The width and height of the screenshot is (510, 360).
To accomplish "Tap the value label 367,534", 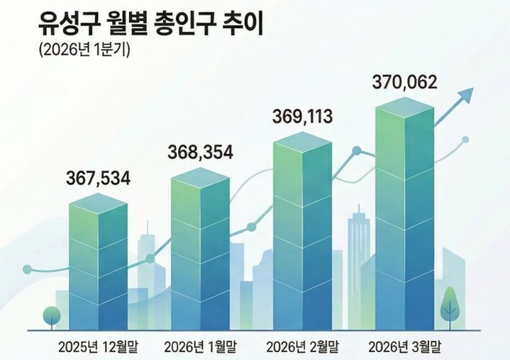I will coord(99,179).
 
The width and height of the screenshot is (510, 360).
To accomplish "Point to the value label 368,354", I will coord(200,152).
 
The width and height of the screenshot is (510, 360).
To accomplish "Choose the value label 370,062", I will coord(404,82).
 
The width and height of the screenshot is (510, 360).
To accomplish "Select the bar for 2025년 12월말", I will coord(99,262).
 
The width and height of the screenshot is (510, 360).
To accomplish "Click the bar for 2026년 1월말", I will coord(200,248).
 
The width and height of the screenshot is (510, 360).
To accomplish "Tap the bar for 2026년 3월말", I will coord(404,213).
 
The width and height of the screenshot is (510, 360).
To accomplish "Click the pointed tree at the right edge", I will coord(449,303).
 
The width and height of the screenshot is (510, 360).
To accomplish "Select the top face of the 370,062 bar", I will coord(404,106).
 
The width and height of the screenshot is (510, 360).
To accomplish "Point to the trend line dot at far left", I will coord(28,269).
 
